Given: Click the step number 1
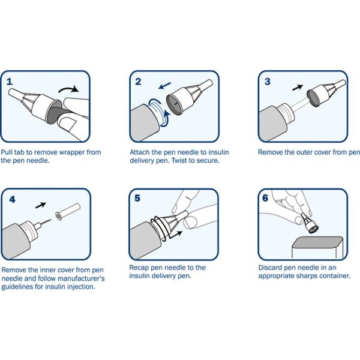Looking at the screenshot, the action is click(x=10, y=82).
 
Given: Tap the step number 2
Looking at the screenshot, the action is click(x=138, y=82).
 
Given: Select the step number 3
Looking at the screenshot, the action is click(x=268, y=82).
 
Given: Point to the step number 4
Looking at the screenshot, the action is click(x=12, y=199).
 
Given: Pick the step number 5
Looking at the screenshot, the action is click(x=137, y=198).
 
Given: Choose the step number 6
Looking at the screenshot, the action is click(x=265, y=198).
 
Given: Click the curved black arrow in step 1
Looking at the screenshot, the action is click(x=68, y=89).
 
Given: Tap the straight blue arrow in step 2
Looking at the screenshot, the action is click(x=165, y=85).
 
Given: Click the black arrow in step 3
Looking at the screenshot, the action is click(x=298, y=88).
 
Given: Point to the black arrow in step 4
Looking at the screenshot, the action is click(x=41, y=205).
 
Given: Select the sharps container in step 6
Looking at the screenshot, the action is click(x=317, y=247).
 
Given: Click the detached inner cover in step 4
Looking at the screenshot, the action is click(x=68, y=211).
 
